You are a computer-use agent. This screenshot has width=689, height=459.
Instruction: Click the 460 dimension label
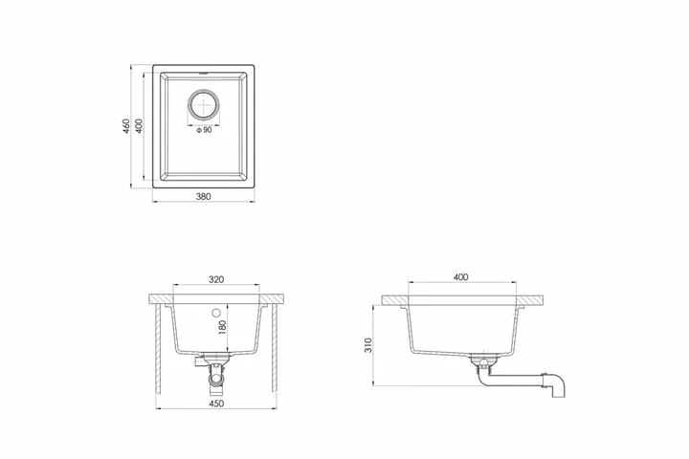pos(126,126)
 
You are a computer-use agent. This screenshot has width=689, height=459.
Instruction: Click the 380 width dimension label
pos(203,196)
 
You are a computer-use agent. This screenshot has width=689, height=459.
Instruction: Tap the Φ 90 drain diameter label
pos(204,130)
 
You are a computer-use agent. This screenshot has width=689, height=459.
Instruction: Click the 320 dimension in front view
pos(216,279)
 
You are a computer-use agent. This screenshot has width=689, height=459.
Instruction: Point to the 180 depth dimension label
pos(222,328)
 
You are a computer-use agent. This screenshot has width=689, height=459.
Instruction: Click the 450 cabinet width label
pos(216,404)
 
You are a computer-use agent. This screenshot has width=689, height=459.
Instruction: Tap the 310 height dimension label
pos(368,345)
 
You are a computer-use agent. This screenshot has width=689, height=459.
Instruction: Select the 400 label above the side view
pos(460,277)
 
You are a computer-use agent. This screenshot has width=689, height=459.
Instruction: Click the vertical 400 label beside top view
pos(139,126)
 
